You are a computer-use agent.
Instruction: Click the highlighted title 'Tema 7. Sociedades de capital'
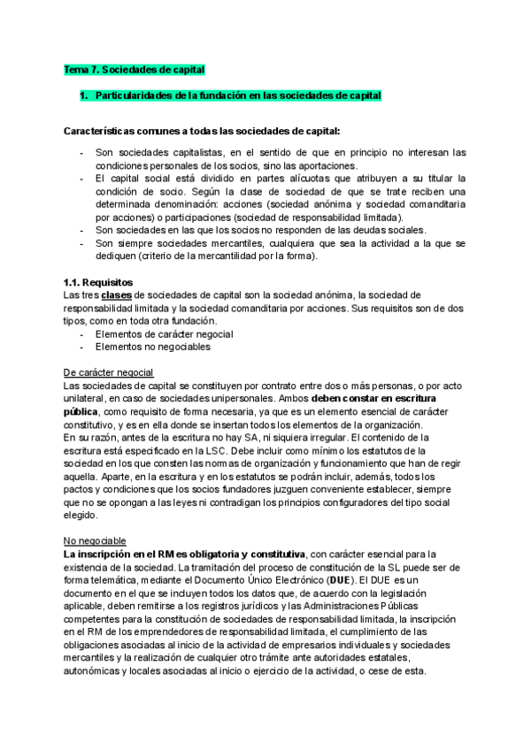(134, 69)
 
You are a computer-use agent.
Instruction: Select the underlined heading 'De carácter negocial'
(110, 372)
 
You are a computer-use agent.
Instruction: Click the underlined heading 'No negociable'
(96, 540)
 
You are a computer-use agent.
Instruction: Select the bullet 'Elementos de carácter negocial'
(164, 334)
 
